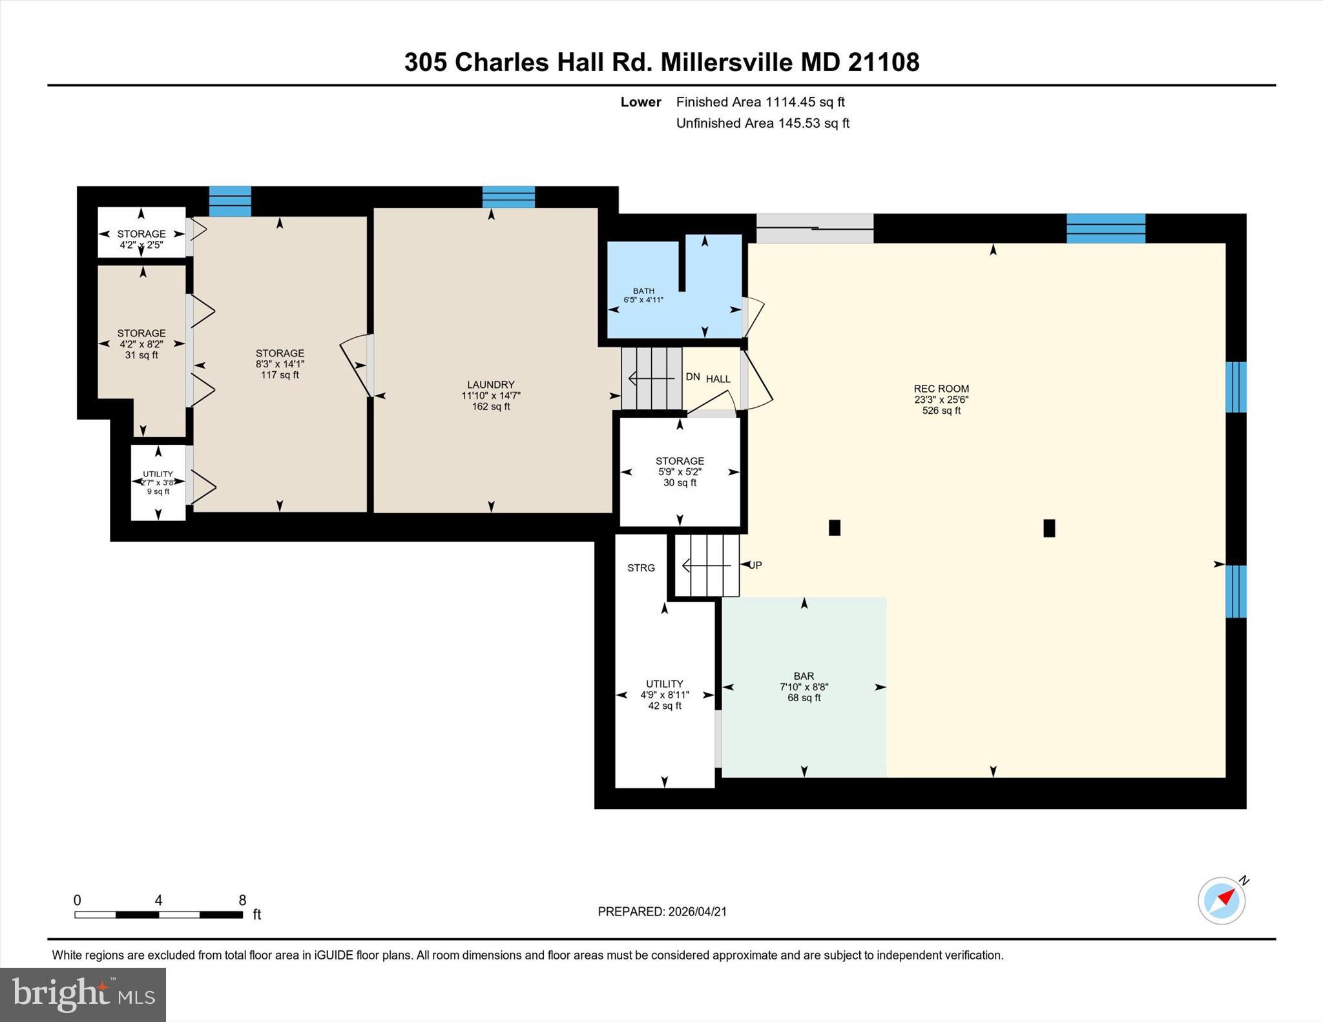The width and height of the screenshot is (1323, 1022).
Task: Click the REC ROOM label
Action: (941, 389)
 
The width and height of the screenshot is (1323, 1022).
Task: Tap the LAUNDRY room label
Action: (490, 385)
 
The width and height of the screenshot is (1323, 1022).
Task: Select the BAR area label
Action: (804, 676)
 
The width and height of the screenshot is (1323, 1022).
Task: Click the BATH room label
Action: (643, 291)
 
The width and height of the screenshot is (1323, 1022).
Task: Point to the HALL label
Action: (718, 379)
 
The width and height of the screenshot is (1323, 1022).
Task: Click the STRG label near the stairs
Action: (641, 568)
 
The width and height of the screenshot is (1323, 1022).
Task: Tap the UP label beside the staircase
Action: (755, 565)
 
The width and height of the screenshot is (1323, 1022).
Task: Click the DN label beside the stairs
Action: (693, 376)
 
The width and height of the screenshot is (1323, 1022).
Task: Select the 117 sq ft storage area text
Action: (280, 375)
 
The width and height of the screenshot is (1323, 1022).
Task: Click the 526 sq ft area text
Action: (941, 411)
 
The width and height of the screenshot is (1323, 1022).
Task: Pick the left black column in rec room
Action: (834, 528)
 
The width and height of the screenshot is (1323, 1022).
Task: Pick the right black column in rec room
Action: (1049, 528)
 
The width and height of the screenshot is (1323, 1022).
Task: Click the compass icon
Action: (1221, 901)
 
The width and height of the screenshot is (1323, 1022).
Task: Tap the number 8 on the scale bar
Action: (242, 900)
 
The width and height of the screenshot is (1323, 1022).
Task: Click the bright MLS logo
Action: (83, 994)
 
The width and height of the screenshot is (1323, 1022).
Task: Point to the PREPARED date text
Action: (662, 912)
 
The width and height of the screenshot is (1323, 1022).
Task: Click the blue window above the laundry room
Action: (508, 196)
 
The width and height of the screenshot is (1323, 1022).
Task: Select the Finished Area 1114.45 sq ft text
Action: (760, 102)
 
